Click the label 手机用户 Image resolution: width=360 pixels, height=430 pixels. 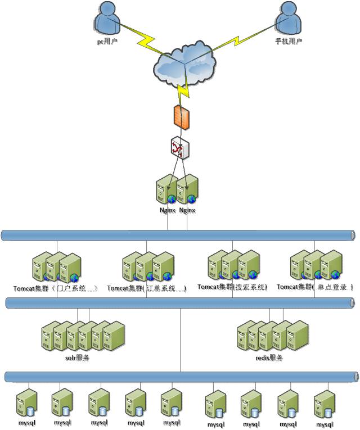point(289,42)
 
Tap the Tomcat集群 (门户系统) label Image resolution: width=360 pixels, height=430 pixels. point(56,288)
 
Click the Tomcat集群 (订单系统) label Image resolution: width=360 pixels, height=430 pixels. point(147,288)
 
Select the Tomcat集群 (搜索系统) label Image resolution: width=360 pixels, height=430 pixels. point(233,287)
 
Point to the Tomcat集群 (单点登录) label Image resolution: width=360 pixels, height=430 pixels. point(315,287)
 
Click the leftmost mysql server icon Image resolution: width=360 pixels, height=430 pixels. point(27,404)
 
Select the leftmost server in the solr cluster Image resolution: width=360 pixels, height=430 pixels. point(51,336)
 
